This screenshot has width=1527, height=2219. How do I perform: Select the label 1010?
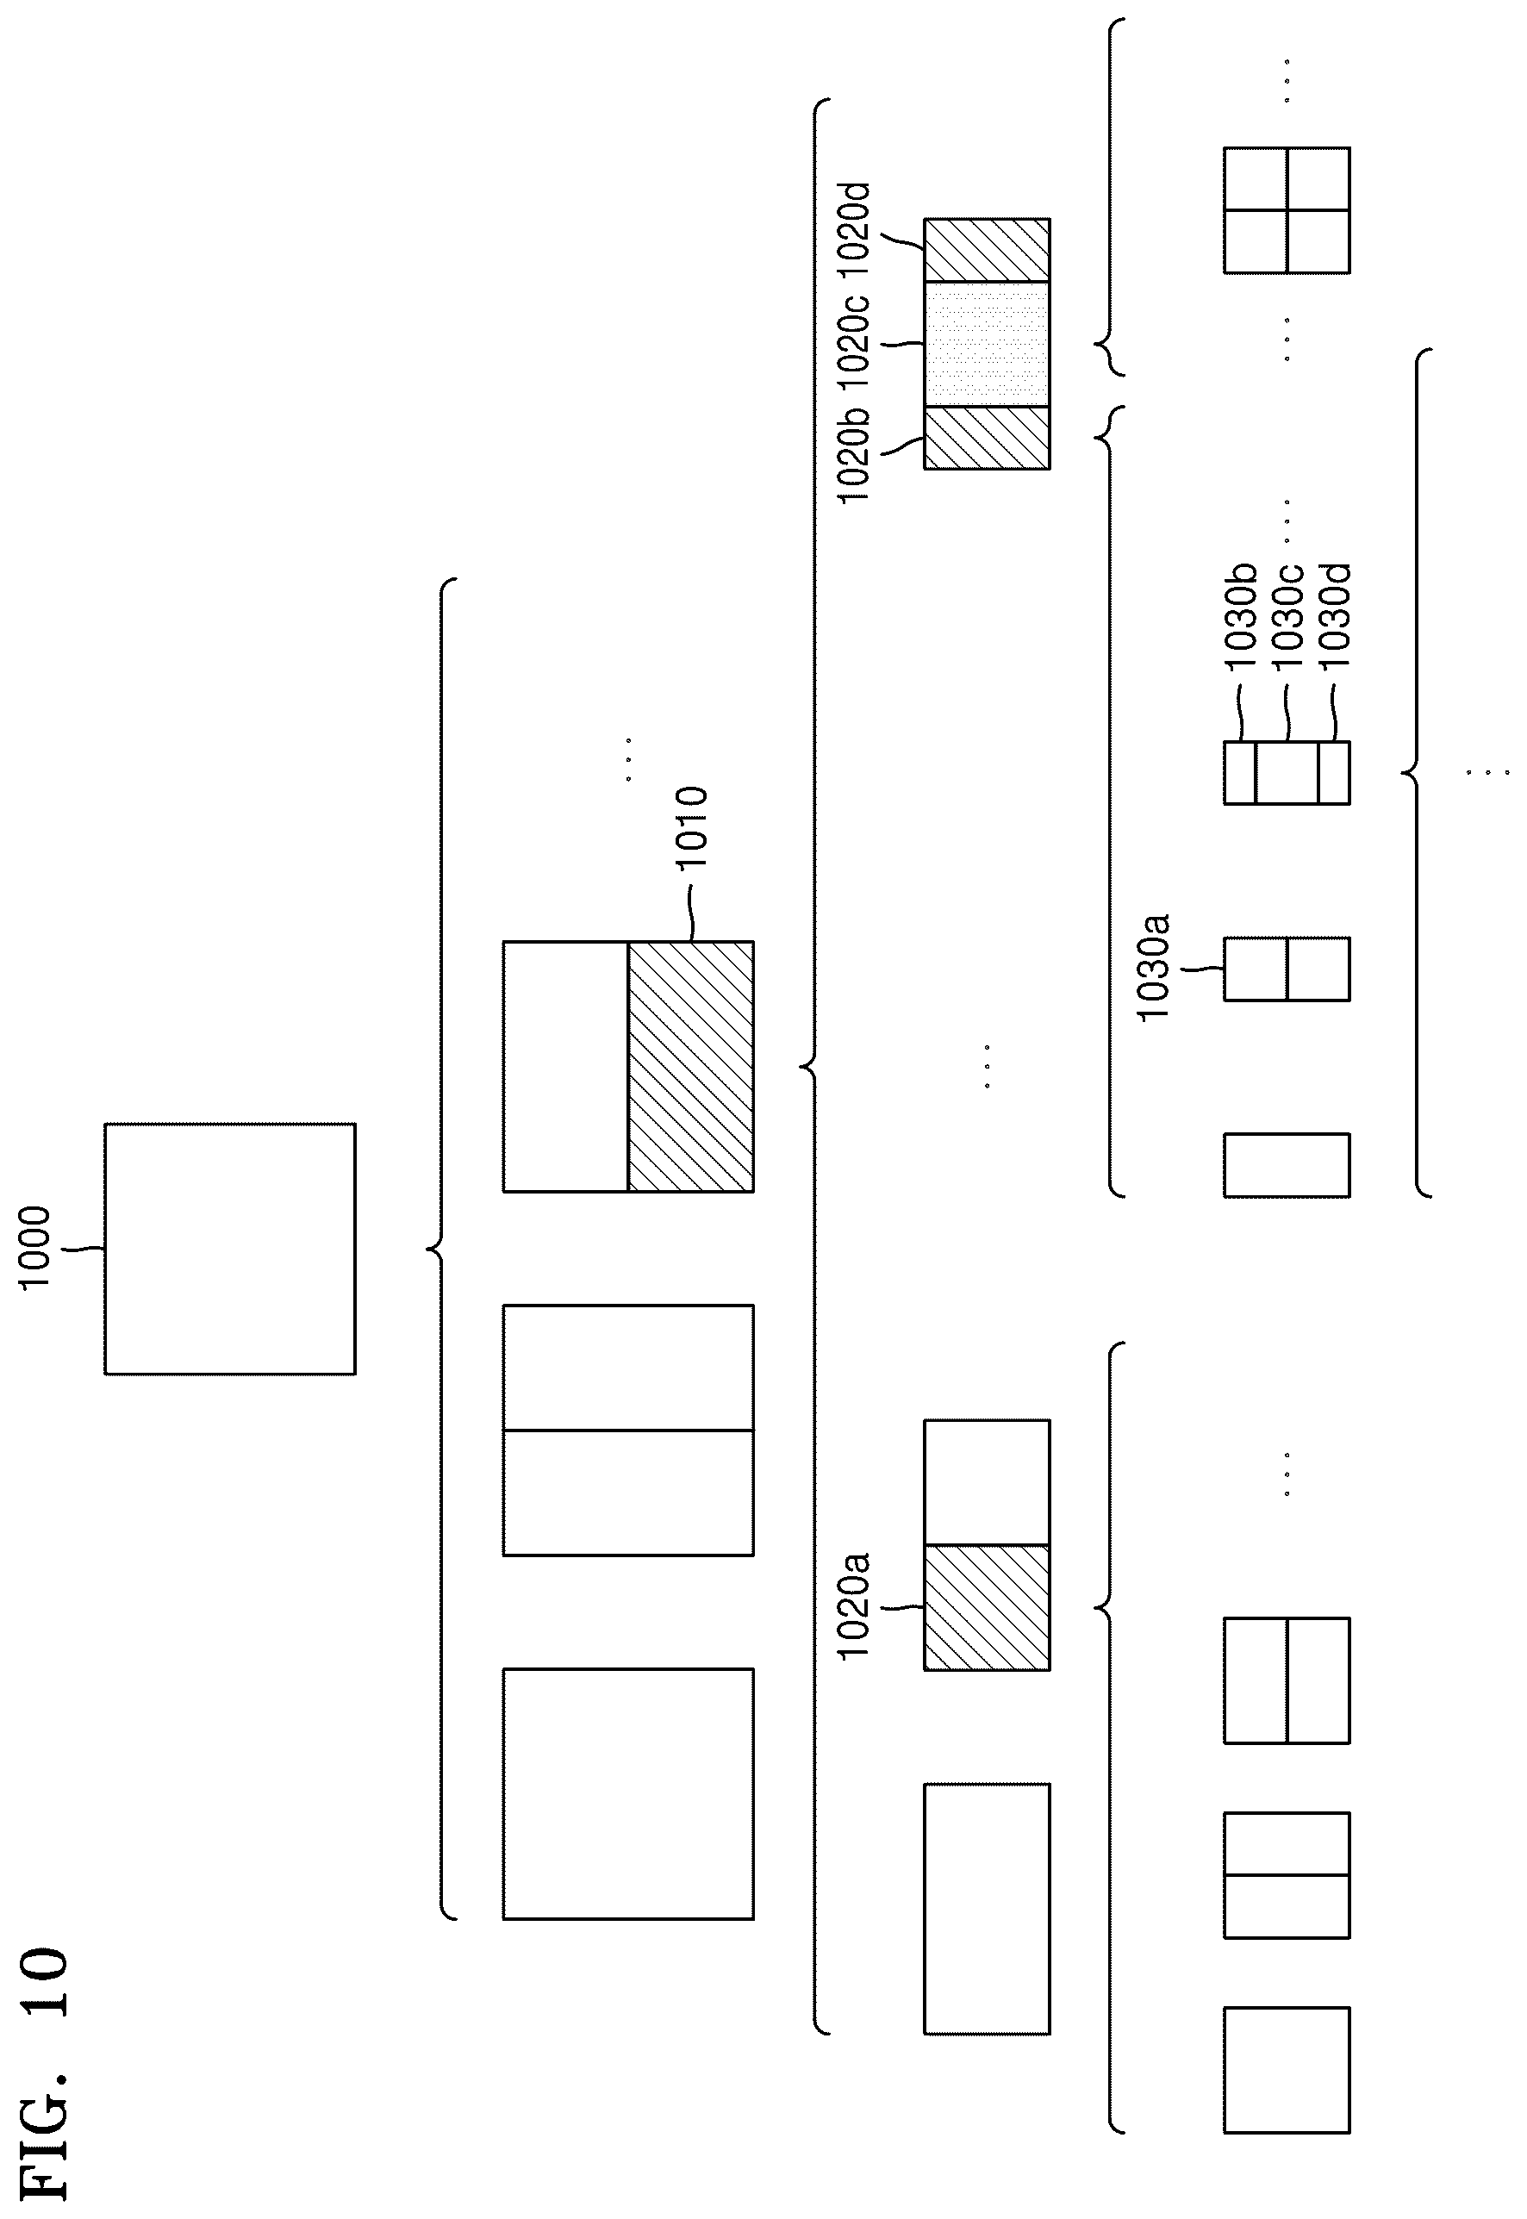(691, 827)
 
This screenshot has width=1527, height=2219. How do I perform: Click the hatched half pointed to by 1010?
(691, 1066)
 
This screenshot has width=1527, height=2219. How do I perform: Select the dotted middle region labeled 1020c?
(987, 344)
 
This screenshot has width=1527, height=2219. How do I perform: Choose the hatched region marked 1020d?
(987, 250)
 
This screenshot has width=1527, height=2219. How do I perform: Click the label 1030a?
(1153, 968)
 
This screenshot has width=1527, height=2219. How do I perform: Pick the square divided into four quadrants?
(1287, 209)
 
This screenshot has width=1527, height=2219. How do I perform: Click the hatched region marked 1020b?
(987, 439)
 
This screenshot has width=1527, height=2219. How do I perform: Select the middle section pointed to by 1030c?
(1287, 772)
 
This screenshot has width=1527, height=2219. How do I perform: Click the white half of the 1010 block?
(565, 1066)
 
